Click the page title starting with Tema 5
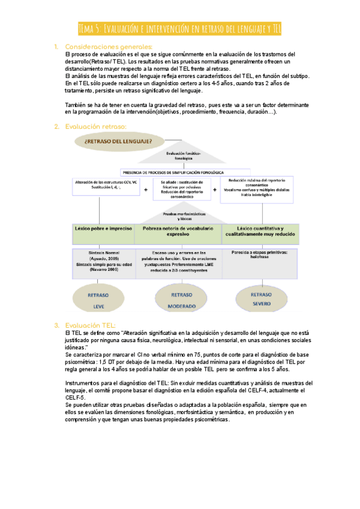(180, 29)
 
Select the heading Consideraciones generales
(109, 47)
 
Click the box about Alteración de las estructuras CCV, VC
(106, 184)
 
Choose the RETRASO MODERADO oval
(182, 300)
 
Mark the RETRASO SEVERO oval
(260, 299)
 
